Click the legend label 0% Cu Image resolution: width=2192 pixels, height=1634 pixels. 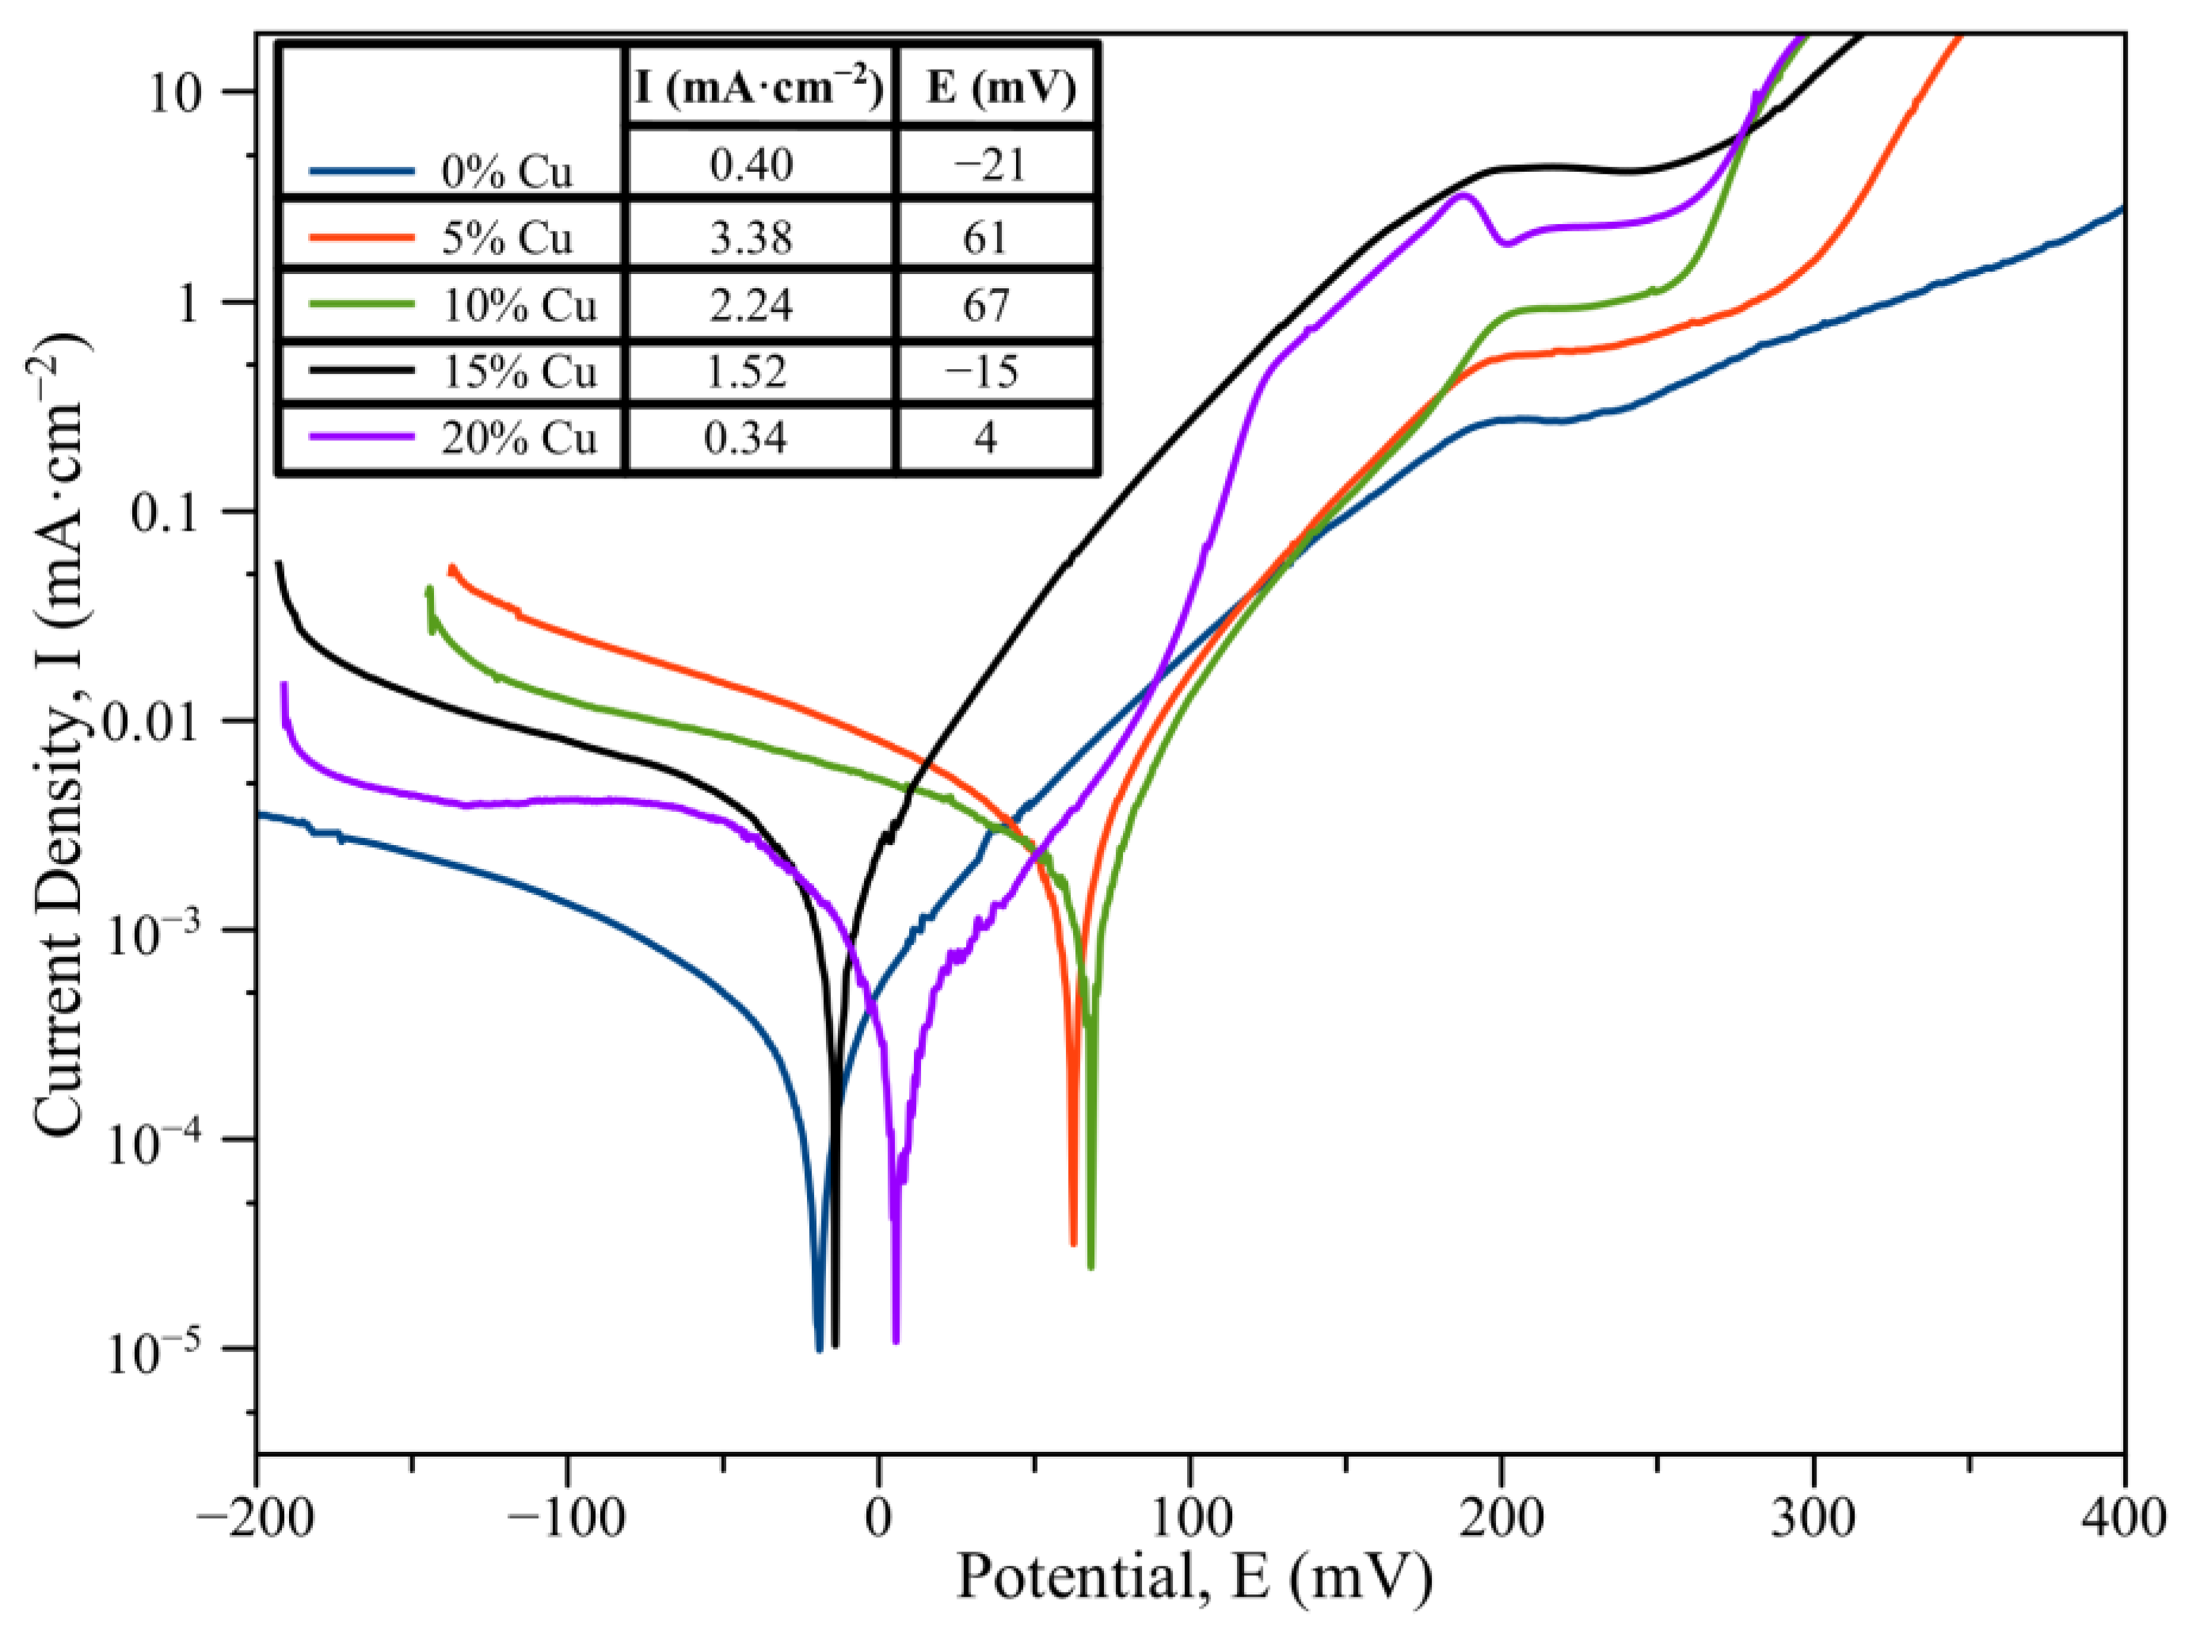pyautogui.click(x=505, y=172)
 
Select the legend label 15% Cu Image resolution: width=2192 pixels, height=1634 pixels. pyautogui.click(x=518, y=372)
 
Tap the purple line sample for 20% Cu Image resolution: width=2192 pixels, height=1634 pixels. pyautogui.click(x=361, y=436)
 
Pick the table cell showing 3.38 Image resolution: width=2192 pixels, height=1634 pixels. pyautogui.click(x=751, y=238)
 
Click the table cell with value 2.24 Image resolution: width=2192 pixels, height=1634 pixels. pyautogui.click(x=751, y=305)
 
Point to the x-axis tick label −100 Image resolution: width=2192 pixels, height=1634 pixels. pyautogui.click(x=565, y=1519)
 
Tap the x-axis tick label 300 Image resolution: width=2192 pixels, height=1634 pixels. pyautogui.click(x=1813, y=1519)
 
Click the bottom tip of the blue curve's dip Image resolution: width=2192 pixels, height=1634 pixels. pyautogui.click(x=819, y=1349)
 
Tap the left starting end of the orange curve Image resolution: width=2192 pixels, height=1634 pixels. pyautogui.click(x=452, y=569)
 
